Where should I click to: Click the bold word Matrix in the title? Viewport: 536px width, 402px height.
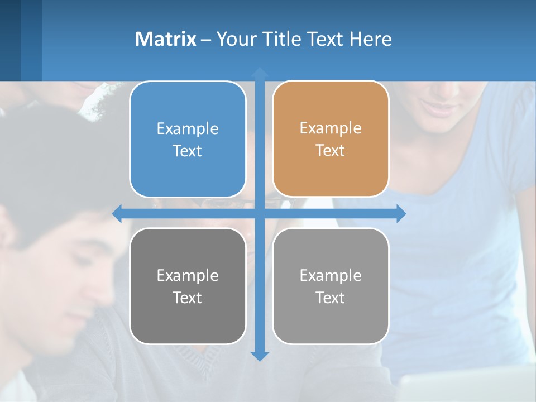pos(166,39)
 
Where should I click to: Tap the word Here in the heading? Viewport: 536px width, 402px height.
pos(371,39)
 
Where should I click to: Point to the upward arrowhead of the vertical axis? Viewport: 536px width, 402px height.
pos(259,73)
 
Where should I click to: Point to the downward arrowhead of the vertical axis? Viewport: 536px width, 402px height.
pos(259,356)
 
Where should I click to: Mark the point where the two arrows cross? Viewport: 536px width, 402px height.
pos(259,213)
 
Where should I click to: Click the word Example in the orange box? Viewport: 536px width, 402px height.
pos(331,128)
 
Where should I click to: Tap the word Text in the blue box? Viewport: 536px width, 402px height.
pos(187,151)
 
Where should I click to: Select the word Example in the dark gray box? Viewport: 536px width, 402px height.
pos(188,275)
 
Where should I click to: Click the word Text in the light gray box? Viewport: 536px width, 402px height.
pos(330,298)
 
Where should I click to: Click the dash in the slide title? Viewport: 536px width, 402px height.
pos(206,40)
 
